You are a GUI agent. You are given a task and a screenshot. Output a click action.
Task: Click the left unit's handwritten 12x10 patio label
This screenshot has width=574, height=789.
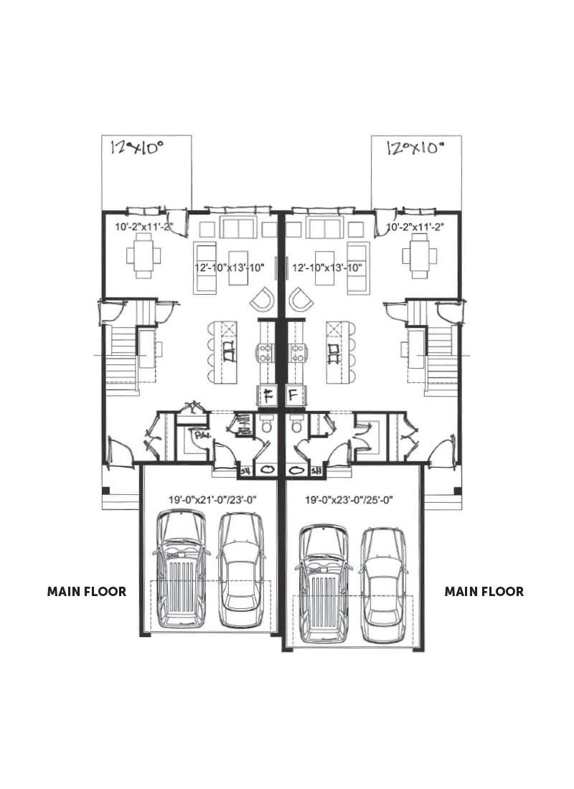[x=137, y=148]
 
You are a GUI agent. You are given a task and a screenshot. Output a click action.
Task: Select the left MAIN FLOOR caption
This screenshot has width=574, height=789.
[x=87, y=592]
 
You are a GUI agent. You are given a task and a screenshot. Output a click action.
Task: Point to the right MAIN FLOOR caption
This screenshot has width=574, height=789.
[x=484, y=592]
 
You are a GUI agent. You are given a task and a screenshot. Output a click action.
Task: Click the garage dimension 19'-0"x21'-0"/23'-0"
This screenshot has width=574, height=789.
[x=207, y=498]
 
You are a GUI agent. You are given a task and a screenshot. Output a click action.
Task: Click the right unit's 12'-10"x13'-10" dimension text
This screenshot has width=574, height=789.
[x=327, y=268]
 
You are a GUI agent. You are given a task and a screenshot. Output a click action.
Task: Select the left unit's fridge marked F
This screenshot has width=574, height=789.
[x=266, y=394]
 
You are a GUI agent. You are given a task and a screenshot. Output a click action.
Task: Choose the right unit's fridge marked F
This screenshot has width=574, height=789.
[x=294, y=394]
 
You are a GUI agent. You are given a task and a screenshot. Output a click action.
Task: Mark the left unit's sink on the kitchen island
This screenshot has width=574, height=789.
[x=227, y=351]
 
